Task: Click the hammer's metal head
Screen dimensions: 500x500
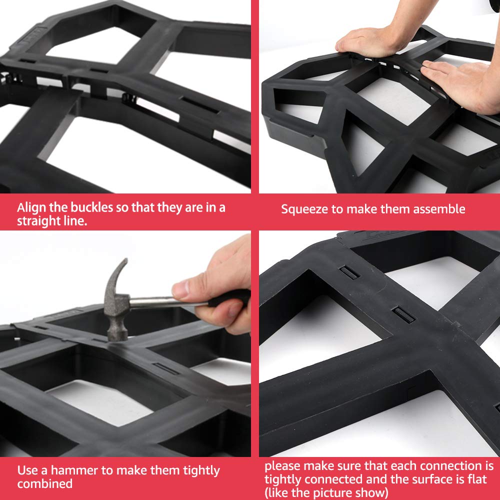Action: pyautogui.click(x=116, y=306)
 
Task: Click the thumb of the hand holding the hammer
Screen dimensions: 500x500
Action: pyautogui.click(x=186, y=288)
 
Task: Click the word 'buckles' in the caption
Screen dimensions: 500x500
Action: pyautogui.click(x=91, y=207)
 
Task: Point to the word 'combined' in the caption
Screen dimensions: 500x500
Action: pyautogui.click(x=45, y=483)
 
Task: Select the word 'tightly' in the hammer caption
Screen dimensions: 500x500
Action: pyautogui.click(x=201, y=470)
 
